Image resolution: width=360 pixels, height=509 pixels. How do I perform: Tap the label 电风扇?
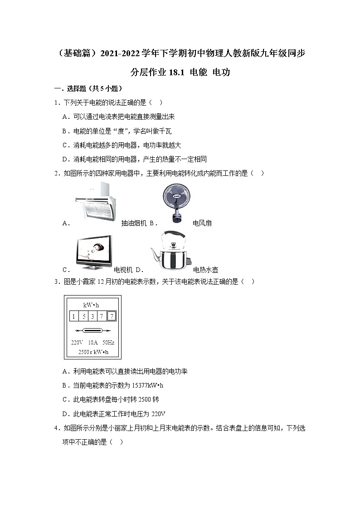click(202, 223)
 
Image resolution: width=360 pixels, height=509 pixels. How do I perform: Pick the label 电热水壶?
click(205, 269)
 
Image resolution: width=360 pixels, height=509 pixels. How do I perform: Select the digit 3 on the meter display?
click(92, 316)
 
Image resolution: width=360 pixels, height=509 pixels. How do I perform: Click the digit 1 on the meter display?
click(73, 316)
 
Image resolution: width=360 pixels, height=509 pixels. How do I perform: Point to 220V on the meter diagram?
click(77, 342)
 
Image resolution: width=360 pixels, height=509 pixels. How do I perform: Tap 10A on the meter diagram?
click(92, 342)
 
